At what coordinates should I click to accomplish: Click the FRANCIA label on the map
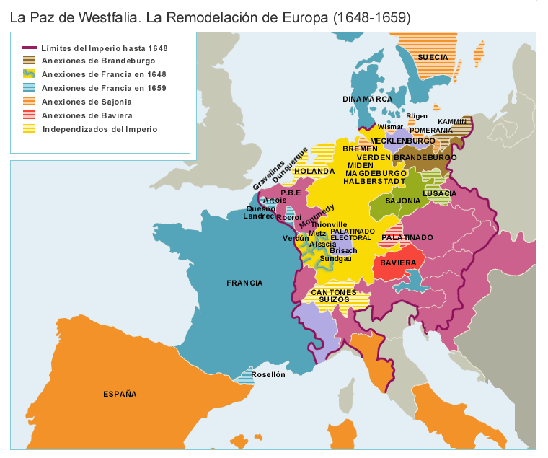244,283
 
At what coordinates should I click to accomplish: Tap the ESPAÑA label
120,394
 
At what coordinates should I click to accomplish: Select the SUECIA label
433,57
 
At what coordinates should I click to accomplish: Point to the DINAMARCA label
368,99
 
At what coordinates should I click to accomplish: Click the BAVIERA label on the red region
398,263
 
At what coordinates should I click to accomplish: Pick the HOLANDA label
314,171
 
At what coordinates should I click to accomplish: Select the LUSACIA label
440,193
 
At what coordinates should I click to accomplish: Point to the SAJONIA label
403,201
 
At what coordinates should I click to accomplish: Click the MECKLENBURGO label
402,141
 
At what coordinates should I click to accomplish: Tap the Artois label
275,200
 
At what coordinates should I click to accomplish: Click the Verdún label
296,238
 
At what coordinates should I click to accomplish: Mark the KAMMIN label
452,121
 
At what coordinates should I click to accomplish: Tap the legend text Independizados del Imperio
100,129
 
